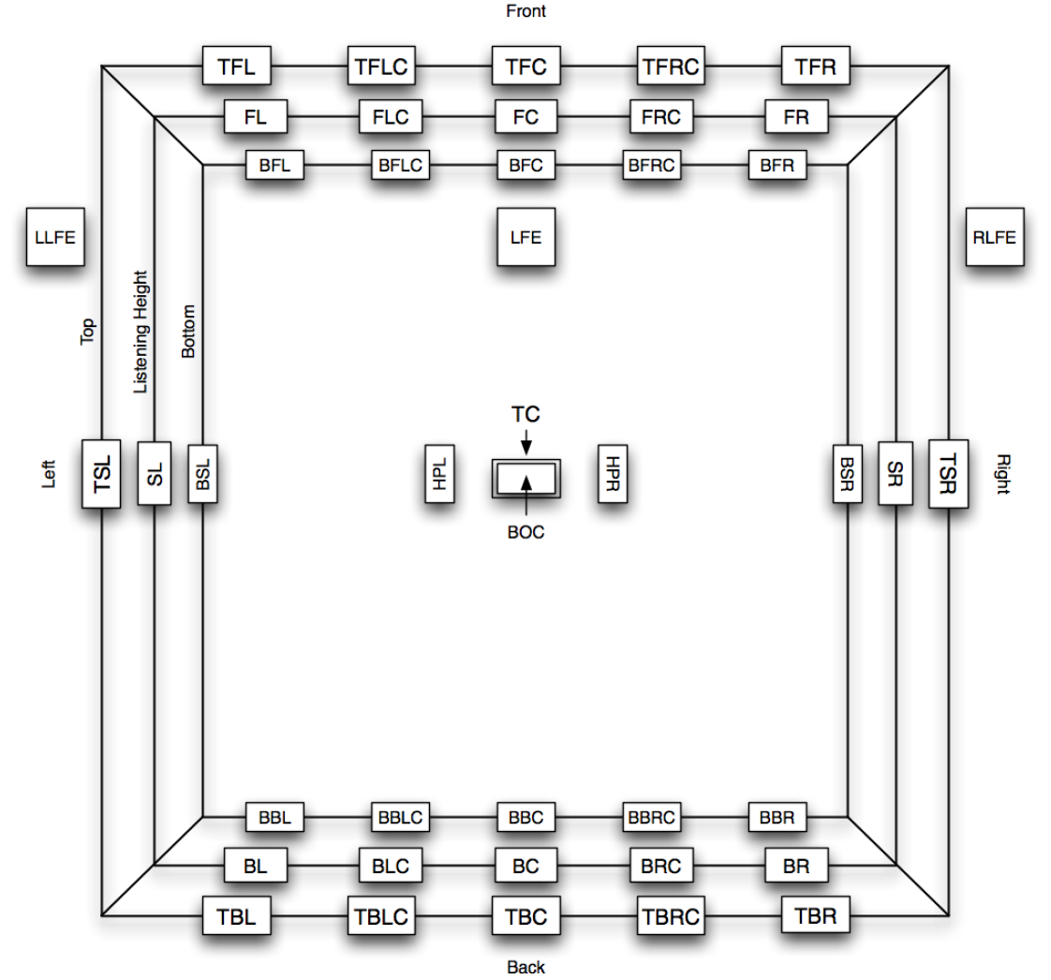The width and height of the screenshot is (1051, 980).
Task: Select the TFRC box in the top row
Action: tap(671, 67)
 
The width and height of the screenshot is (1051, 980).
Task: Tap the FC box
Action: tap(525, 119)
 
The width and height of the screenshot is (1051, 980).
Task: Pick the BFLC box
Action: tap(400, 166)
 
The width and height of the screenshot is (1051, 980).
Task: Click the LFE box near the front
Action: tap(525, 237)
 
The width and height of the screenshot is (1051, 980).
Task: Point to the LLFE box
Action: tap(54, 237)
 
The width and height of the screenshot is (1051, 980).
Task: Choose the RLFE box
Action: tap(994, 237)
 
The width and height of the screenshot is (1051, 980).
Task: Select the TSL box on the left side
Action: tap(102, 473)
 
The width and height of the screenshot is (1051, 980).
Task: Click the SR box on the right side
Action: tap(894, 473)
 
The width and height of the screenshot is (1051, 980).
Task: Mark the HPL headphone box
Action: tap(439, 473)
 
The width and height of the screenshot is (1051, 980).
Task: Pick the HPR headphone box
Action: tap(613, 473)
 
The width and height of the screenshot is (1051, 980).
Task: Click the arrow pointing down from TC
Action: tap(526, 440)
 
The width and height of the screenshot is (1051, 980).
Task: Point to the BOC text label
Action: tap(525, 532)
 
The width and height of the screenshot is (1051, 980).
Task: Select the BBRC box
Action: tap(651, 817)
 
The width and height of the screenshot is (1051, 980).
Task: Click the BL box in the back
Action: tap(256, 867)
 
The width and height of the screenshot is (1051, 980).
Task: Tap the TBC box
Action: tap(525, 916)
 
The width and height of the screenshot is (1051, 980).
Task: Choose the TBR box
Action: tap(815, 915)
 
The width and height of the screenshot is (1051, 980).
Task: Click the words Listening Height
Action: tap(141, 333)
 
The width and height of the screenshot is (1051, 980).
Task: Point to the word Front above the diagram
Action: tap(525, 12)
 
